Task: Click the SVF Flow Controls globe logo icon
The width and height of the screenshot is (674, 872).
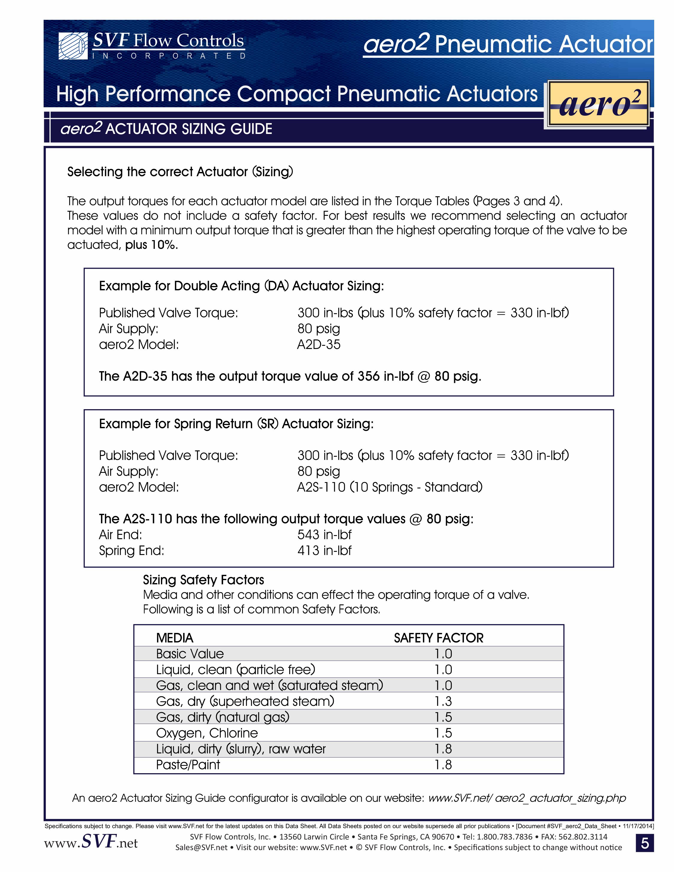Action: pyautogui.click(x=73, y=46)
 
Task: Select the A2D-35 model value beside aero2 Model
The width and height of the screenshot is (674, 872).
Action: pyautogui.click(x=318, y=344)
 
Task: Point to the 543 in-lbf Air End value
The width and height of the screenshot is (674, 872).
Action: pyautogui.click(x=324, y=535)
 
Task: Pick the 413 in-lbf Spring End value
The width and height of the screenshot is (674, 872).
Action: pyautogui.click(x=324, y=551)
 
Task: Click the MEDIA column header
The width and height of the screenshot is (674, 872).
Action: pyautogui.click(x=175, y=638)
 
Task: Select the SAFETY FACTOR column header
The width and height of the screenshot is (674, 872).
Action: pyautogui.click(x=438, y=638)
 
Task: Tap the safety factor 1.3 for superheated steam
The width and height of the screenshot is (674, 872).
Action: pyautogui.click(x=443, y=701)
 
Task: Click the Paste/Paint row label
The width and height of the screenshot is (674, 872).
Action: pyautogui.click(x=188, y=764)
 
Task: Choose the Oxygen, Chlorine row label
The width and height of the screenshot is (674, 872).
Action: pyautogui.click(x=207, y=733)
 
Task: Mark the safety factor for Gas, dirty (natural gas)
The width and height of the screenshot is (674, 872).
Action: pyautogui.click(x=443, y=717)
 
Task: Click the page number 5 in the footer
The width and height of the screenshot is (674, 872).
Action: pyautogui.click(x=644, y=843)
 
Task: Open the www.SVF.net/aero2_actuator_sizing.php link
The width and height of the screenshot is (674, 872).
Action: pyautogui.click(x=527, y=798)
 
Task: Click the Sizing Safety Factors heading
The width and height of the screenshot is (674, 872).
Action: pyautogui.click(x=203, y=580)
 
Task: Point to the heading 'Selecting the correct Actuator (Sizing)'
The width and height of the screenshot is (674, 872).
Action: pyautogui.click(x=180, y=172)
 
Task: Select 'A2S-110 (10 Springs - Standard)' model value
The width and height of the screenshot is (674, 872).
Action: pyautogui.click(x=390, y=487)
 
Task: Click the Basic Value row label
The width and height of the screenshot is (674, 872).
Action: pyautogui.click(x=190, y=654)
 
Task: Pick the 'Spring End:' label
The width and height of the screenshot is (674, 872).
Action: pyautogui.click(x=131, y=551)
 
